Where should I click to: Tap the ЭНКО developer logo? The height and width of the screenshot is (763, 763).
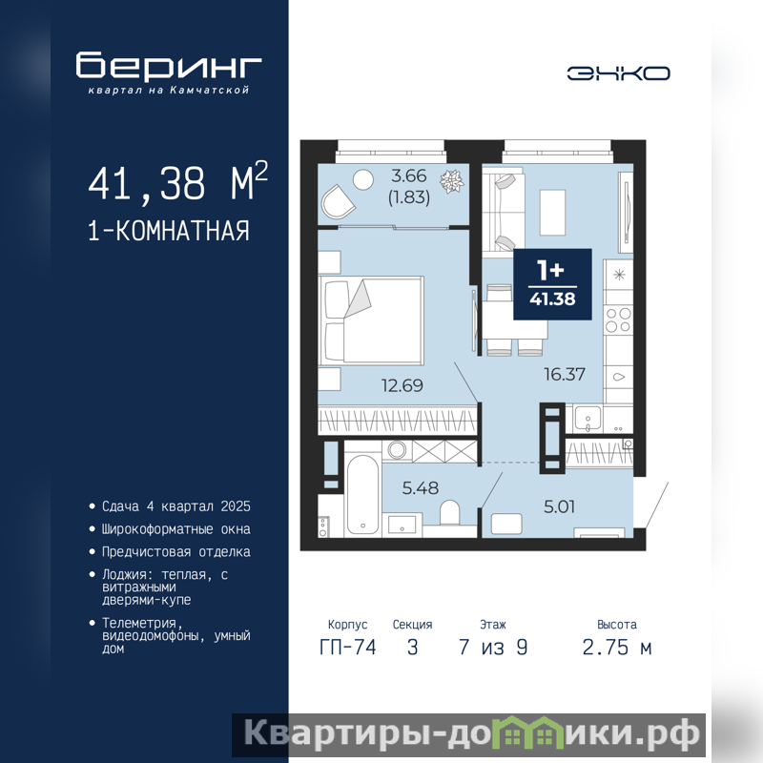click(618, 73)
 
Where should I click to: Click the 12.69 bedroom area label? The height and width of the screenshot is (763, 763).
click(402, 385)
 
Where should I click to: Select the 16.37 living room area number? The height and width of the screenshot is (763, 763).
click(565, 374)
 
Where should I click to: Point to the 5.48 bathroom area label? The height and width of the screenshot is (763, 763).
click(421, 487)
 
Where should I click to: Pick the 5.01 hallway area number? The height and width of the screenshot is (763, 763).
click(559, 506)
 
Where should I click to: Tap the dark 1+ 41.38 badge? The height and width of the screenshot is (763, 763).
click(553, 284)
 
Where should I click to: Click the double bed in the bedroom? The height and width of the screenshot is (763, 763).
click(371, 320)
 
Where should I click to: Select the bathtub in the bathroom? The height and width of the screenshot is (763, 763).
click(362, 495)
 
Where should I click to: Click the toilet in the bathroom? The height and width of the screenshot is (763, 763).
click(449, 513)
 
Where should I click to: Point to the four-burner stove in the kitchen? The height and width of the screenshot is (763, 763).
click(618, 320)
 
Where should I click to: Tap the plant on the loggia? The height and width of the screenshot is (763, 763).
click(451, 181)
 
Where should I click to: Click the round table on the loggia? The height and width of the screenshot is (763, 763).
click(363, 179)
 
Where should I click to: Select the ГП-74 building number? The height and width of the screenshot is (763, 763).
click(348, 648)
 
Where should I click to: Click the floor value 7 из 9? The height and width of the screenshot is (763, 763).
click(493, 648)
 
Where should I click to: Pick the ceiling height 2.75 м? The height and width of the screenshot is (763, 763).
click(616, 648)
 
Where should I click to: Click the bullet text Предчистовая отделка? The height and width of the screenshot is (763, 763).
click(176, 552)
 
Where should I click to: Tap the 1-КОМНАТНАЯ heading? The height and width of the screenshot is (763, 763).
click(169, 231)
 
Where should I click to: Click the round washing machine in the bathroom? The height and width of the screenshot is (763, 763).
click(397, 449)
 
